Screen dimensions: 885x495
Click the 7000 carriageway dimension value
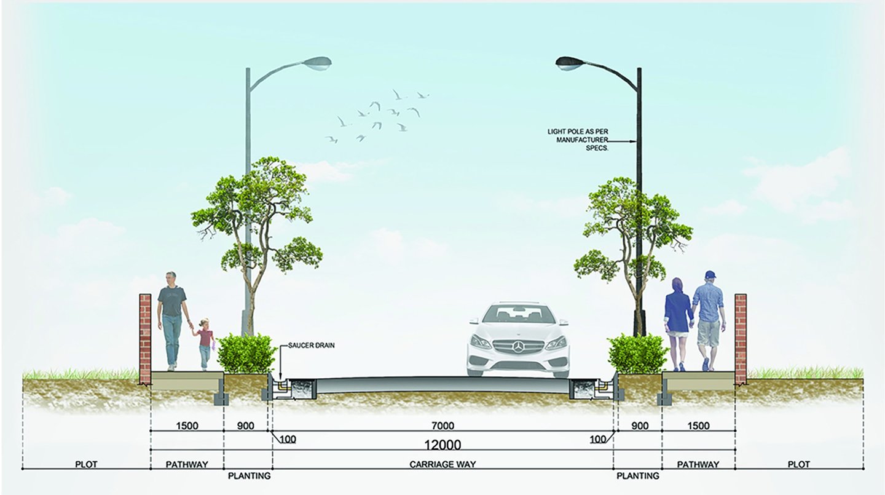[442, 426]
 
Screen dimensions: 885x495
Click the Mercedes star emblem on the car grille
[517, 348]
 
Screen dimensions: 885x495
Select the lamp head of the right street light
[568, 61]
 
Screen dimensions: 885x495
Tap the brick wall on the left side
[145, 338]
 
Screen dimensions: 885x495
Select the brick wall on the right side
[741, 338]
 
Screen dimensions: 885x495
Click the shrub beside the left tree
[246, 354]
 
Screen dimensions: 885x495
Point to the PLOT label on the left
[87, 464]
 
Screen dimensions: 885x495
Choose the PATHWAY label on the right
[698, 464]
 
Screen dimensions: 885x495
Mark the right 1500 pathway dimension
[698, 426]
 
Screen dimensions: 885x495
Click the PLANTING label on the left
[249, 476]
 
